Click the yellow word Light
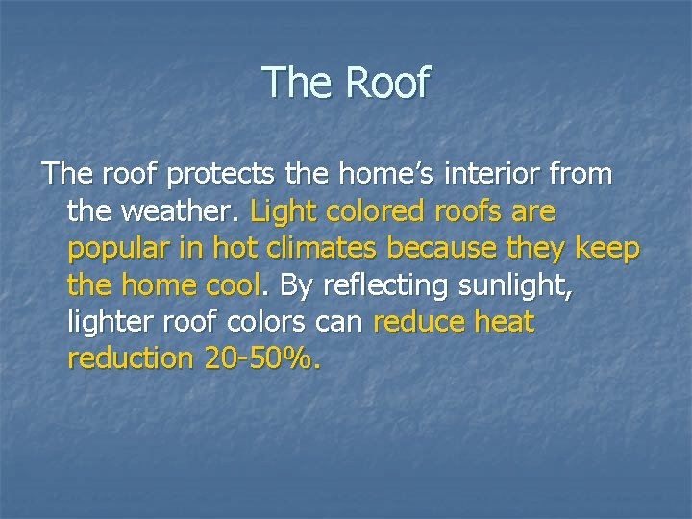coord(284,210)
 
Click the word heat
coord(503,322)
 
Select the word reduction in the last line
coord(131,358)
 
